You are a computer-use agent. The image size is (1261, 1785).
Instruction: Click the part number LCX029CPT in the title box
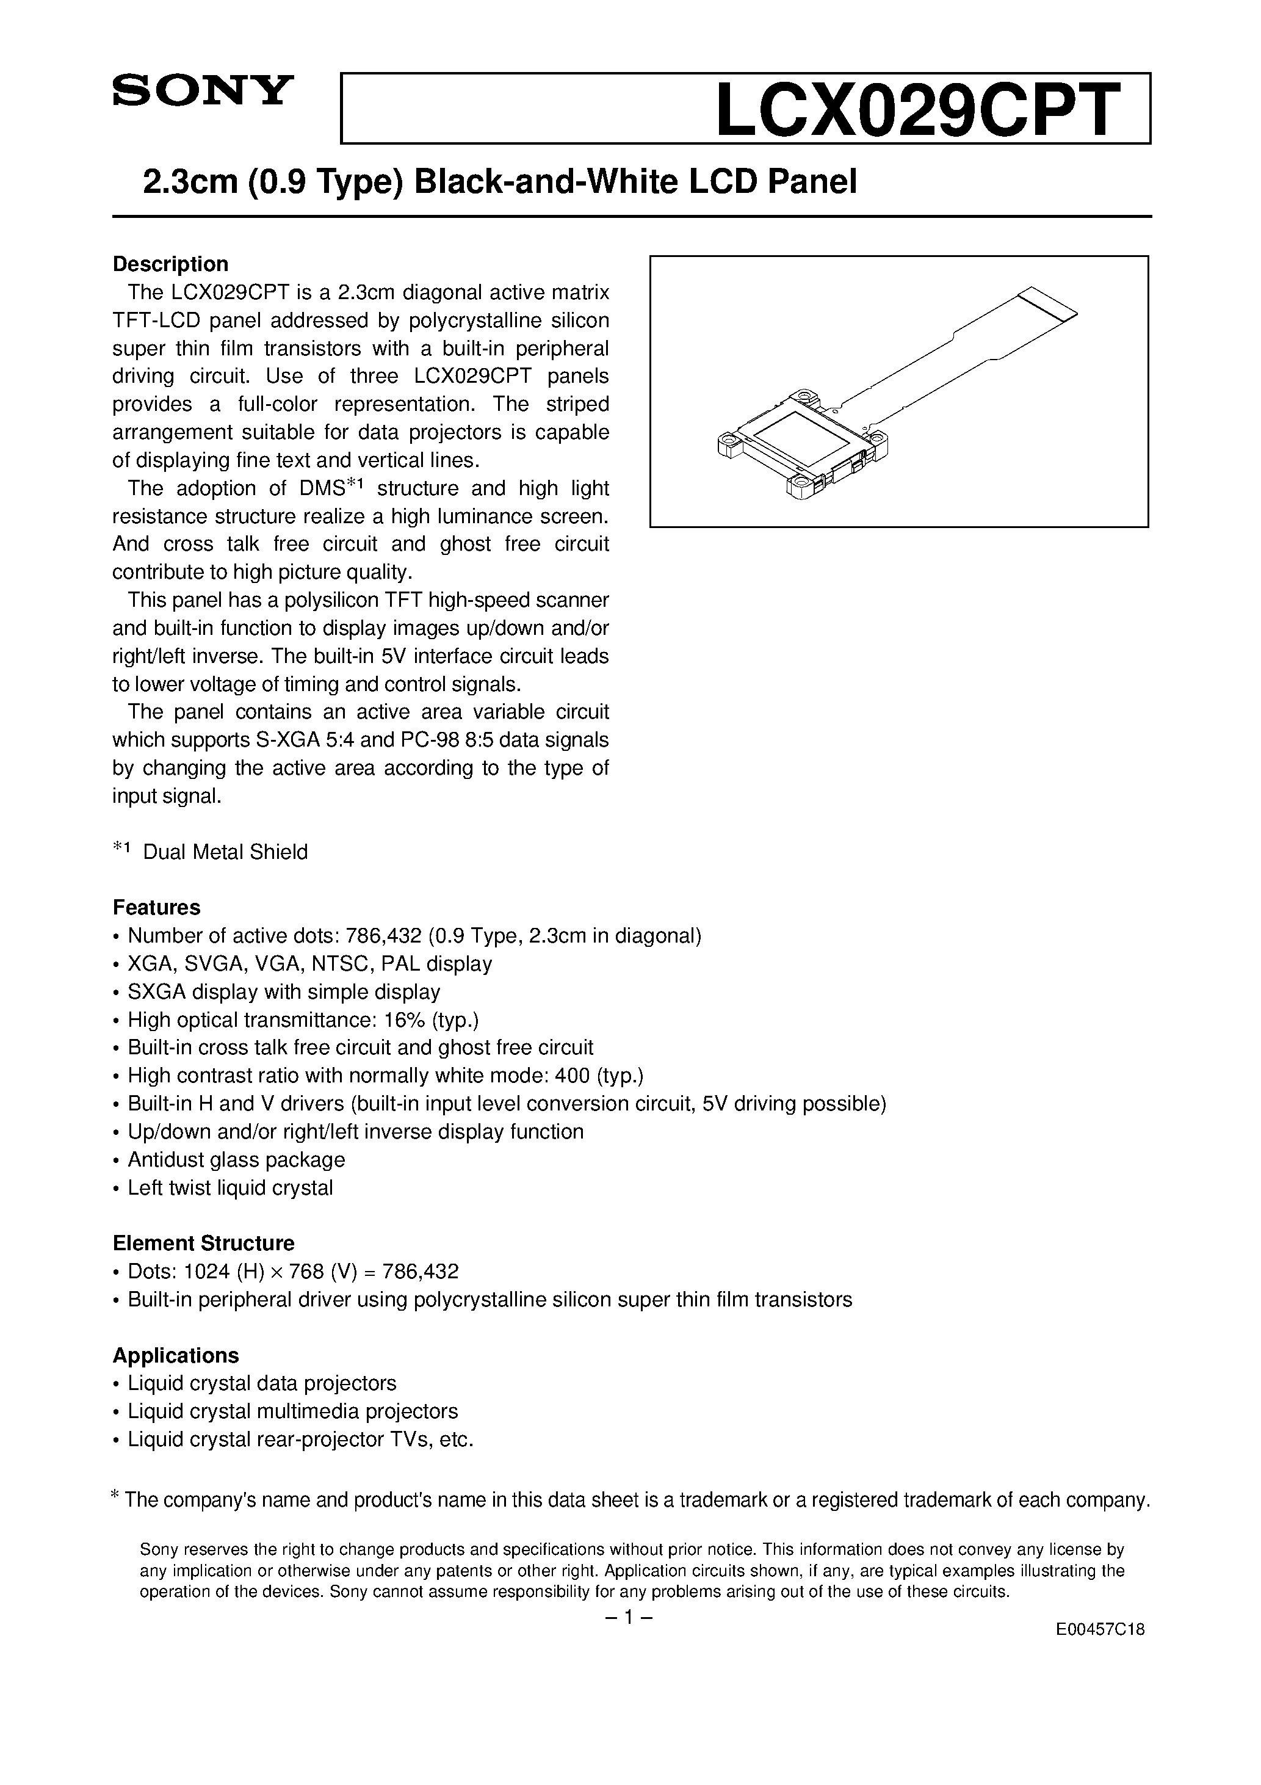coord(917,110)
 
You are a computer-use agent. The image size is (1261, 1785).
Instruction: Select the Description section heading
coord(170,264)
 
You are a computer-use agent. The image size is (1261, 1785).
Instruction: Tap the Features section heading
coord(156,908)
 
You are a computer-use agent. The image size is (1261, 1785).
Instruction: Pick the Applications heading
coord(176,1356)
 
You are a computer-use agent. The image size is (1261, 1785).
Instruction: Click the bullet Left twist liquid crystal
coord(230,1188)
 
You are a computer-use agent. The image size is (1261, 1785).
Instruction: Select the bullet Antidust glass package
coord(236,1160)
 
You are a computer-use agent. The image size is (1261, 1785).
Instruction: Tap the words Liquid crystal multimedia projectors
coord(292,1412)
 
